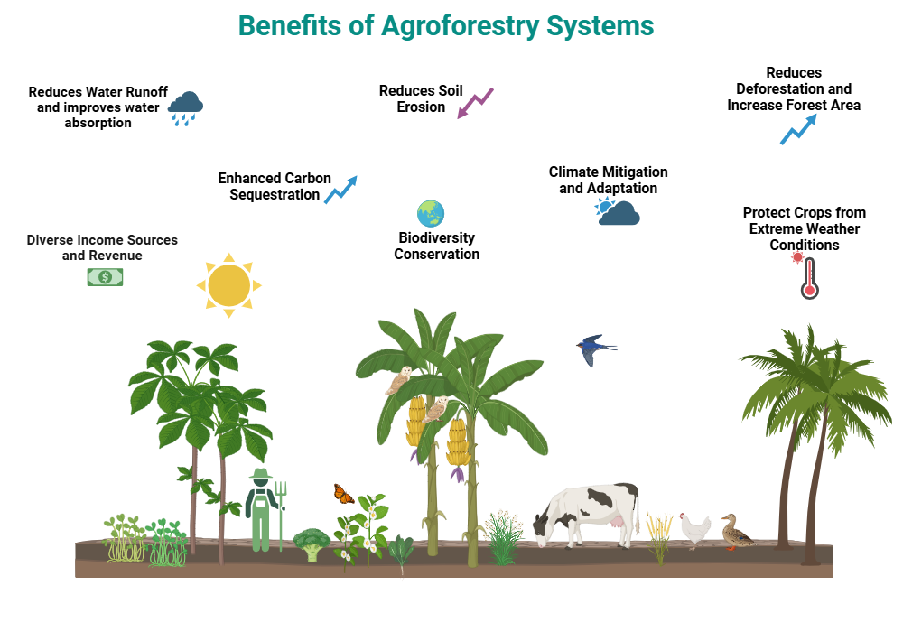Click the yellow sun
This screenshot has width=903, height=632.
tap(228, 284)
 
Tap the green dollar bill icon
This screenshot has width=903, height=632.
tap(105, 277)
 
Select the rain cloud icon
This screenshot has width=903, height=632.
tap(185, 107)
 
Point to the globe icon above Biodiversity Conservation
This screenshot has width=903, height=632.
tap(431, 214)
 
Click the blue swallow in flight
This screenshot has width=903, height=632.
tap(594, 348)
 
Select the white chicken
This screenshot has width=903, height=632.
tap(695, 530)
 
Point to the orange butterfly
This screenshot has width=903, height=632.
tap(343, 494)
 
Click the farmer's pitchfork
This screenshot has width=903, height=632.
tap(281, 510)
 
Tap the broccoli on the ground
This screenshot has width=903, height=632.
tap(312, 544)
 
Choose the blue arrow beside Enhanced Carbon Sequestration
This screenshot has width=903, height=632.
tap(341, 189)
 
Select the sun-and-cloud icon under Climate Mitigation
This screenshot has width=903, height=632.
tap(618, 212)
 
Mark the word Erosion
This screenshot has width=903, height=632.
tap(421, 107)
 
